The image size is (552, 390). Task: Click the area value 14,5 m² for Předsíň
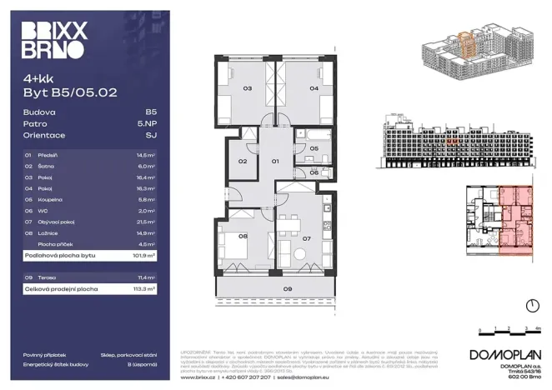[147, 155]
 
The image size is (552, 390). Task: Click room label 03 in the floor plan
[248, 87]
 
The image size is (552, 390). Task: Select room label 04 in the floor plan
[314, 87]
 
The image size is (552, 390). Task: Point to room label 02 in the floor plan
[243, 161]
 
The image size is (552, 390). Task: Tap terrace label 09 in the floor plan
[287, 289]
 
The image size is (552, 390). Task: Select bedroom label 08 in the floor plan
[243, 236]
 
